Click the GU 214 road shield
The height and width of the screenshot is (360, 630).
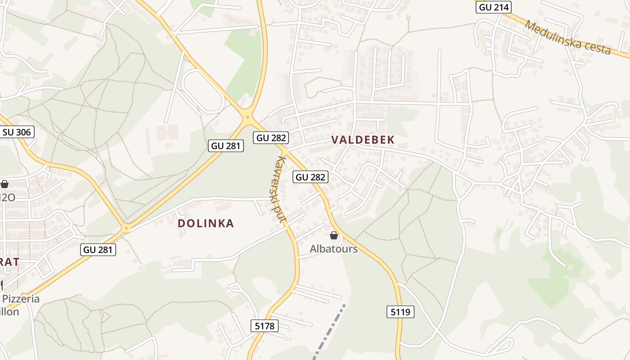pos(493,7)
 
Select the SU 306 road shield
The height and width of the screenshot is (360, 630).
pos(17,132)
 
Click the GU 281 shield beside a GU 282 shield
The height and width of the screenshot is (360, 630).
pos(226,146)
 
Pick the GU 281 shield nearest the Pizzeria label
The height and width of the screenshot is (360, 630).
pos(98,250)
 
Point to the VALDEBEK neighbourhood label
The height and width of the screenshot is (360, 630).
pos(363,140)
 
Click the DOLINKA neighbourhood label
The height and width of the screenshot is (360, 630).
pos(206,224)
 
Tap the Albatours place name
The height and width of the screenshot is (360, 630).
pos(333,249)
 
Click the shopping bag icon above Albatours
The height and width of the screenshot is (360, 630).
pos(334,235)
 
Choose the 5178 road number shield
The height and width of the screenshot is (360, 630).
pos(264,326)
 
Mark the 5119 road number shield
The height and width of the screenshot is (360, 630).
pos(400,312)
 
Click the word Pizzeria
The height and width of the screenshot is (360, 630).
pos(21,299)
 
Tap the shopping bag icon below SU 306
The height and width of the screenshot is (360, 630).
pos(4,184)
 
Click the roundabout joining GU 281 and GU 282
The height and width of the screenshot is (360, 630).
pos(247,117)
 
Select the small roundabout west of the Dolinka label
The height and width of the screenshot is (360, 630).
pos(126,229)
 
